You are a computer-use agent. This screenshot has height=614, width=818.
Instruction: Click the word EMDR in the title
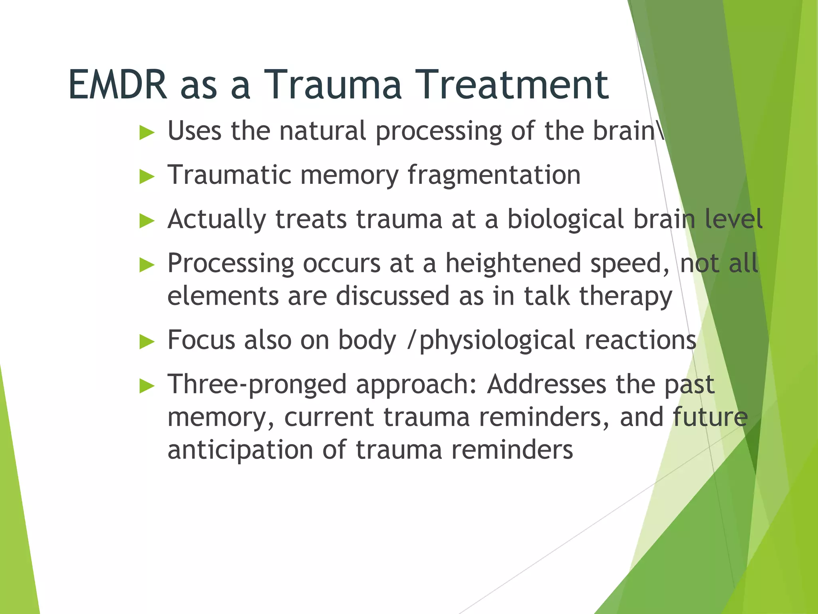[118, 85]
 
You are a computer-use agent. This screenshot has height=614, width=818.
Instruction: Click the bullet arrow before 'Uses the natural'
[147, 133]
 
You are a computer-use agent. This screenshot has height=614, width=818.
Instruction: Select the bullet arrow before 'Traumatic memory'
[147, 177]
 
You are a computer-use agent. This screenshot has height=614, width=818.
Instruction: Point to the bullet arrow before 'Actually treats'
[147, 221]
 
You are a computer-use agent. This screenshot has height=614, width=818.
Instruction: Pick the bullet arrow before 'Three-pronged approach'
[147, 386]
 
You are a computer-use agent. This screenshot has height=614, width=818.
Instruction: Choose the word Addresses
[546, 385]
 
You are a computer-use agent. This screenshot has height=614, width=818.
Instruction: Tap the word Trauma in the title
[332, 85]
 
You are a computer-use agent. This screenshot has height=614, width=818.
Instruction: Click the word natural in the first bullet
[322, 131]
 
